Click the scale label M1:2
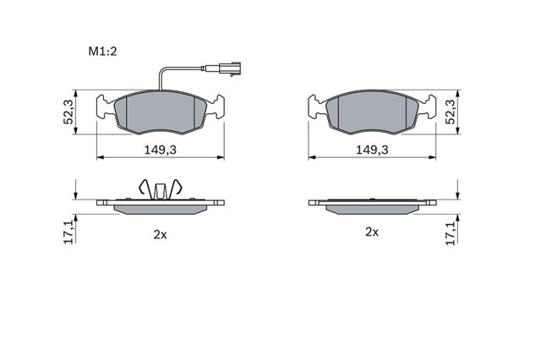103,52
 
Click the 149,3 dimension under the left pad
160,150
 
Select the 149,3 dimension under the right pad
372,150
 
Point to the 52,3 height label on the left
68,112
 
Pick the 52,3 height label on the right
451,112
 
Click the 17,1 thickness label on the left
68,232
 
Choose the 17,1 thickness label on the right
451,232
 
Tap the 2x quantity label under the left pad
160,235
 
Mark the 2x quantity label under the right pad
372,232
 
